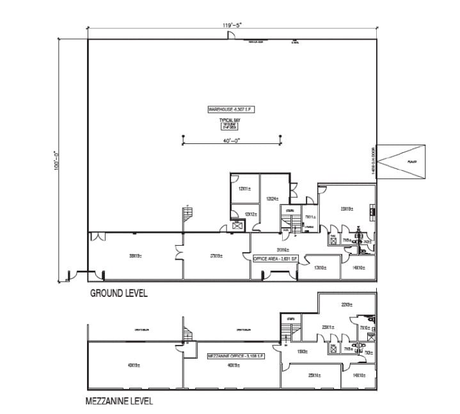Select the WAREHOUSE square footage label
click(231, 109)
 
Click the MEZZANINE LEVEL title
click(120, 402)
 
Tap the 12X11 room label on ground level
click(244, 189)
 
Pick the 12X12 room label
click(244, 214)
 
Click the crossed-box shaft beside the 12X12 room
click(238, 225)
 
